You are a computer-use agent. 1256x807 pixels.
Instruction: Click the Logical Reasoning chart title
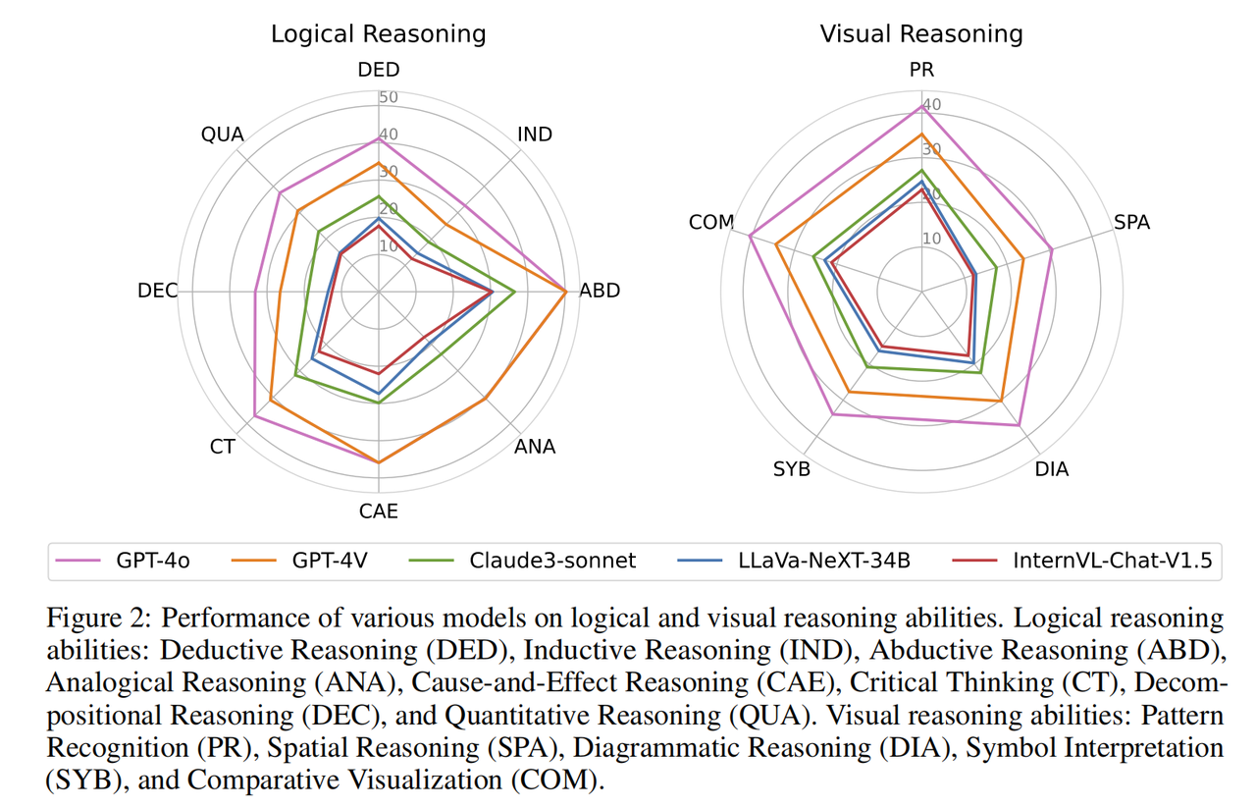click(378, 34)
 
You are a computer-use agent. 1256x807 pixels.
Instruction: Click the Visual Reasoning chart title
click(921, 34)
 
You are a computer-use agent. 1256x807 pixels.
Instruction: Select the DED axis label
click(379, 70)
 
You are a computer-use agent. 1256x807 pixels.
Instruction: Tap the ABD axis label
click(600, 292)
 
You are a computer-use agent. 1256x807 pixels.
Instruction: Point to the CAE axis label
click(379, 511)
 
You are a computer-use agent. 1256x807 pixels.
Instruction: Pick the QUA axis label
click(222, 134)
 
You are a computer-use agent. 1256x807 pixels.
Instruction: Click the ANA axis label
click(535, 448)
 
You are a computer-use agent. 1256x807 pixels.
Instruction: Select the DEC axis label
click(158, 292)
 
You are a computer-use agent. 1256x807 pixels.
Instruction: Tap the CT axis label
click(223, 448)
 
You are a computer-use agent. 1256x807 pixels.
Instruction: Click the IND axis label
click(535, 134)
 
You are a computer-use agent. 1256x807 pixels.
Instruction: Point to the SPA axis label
click(1131, 223)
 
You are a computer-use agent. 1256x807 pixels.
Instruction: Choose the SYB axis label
click(792, 469)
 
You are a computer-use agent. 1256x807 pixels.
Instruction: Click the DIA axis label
click(1052, 469)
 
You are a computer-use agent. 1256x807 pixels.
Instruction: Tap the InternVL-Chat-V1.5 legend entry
click(1112, 561)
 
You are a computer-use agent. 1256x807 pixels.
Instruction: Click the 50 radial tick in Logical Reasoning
click(389, 98)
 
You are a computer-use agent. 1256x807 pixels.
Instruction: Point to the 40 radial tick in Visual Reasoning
click(931, 105)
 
